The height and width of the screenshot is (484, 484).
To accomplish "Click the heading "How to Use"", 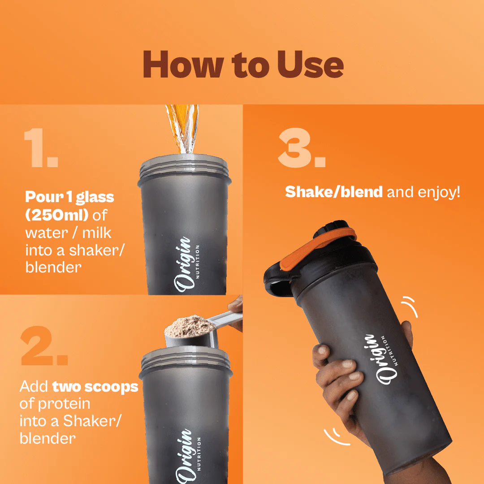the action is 243,64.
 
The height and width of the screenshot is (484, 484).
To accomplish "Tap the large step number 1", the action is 41,148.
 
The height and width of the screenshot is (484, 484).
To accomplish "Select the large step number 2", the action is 44,346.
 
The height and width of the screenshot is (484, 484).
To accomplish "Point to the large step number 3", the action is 302,148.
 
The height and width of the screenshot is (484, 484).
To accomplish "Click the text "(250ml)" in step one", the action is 57,215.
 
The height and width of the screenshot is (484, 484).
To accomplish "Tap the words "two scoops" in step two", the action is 95,387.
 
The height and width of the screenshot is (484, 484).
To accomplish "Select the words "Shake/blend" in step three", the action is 334,192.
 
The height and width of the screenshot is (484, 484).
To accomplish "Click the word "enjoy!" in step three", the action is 439,193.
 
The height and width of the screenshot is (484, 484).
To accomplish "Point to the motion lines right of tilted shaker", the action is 411,306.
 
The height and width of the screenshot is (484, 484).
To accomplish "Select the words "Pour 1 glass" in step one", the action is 69,197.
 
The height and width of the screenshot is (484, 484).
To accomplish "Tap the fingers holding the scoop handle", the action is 236,312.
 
